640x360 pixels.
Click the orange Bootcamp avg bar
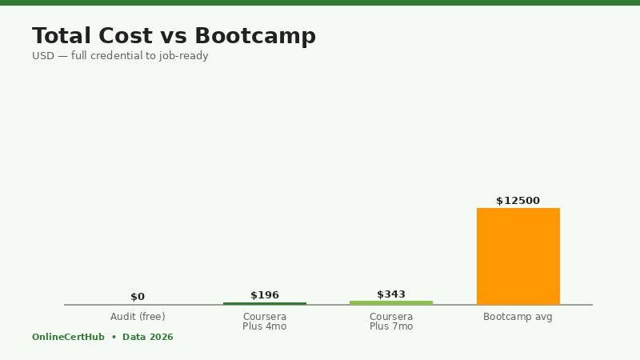click(518, 256)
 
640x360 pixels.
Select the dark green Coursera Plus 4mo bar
click(265, 303)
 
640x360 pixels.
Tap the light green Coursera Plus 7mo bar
click(391, 302)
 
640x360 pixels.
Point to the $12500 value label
click(518, 201)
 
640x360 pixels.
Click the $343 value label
click(391, 294)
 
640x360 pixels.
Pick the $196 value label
click(265, 295)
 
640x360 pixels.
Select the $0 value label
click(138, 297)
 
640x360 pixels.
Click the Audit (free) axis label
click(138, 317)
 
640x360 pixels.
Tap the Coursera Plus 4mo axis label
click(265, 322)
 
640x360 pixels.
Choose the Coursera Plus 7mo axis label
click(391, 322)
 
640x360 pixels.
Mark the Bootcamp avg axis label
click(518, 317)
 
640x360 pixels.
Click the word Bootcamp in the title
click(255, 37)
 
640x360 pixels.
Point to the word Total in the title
click(62, 37)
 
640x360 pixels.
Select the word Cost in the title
click(123, 37)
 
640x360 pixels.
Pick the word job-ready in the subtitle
click(184, 56)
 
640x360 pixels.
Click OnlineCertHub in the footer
click(68, 338)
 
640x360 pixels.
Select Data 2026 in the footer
click(148, 338)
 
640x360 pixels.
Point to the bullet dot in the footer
click(114, 338)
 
